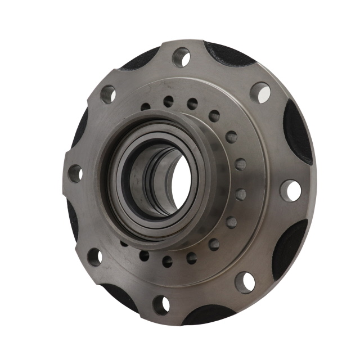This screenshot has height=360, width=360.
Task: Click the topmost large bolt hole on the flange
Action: coord(181,57)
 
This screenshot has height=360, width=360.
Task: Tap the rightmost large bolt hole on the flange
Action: coord(291,191)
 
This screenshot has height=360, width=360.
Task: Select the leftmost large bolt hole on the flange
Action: coord(75,173)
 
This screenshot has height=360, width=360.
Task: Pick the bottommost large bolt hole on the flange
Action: coord(161,304)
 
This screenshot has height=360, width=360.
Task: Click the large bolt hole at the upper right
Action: coord(260,92)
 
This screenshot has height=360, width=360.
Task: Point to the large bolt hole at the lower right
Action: coord(245,281)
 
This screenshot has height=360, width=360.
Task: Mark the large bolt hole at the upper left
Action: coord(108,94)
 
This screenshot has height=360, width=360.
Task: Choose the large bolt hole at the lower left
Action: coord(94,257)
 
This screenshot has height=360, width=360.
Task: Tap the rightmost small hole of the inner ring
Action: coord(241,194)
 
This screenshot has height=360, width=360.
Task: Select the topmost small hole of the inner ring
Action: coord(168,101)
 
